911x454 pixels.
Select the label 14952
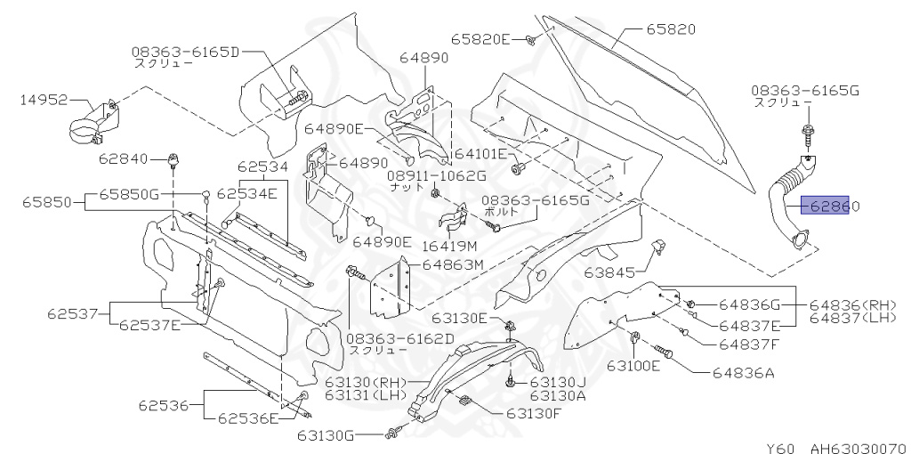tap(44, 100)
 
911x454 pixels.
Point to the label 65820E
tap(480, 39)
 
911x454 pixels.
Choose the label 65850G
tap(128, 193)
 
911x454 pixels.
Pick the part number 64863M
tap(452, 264)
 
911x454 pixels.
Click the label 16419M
tap(448, 245)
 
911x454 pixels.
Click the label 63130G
tap(326, 434)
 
